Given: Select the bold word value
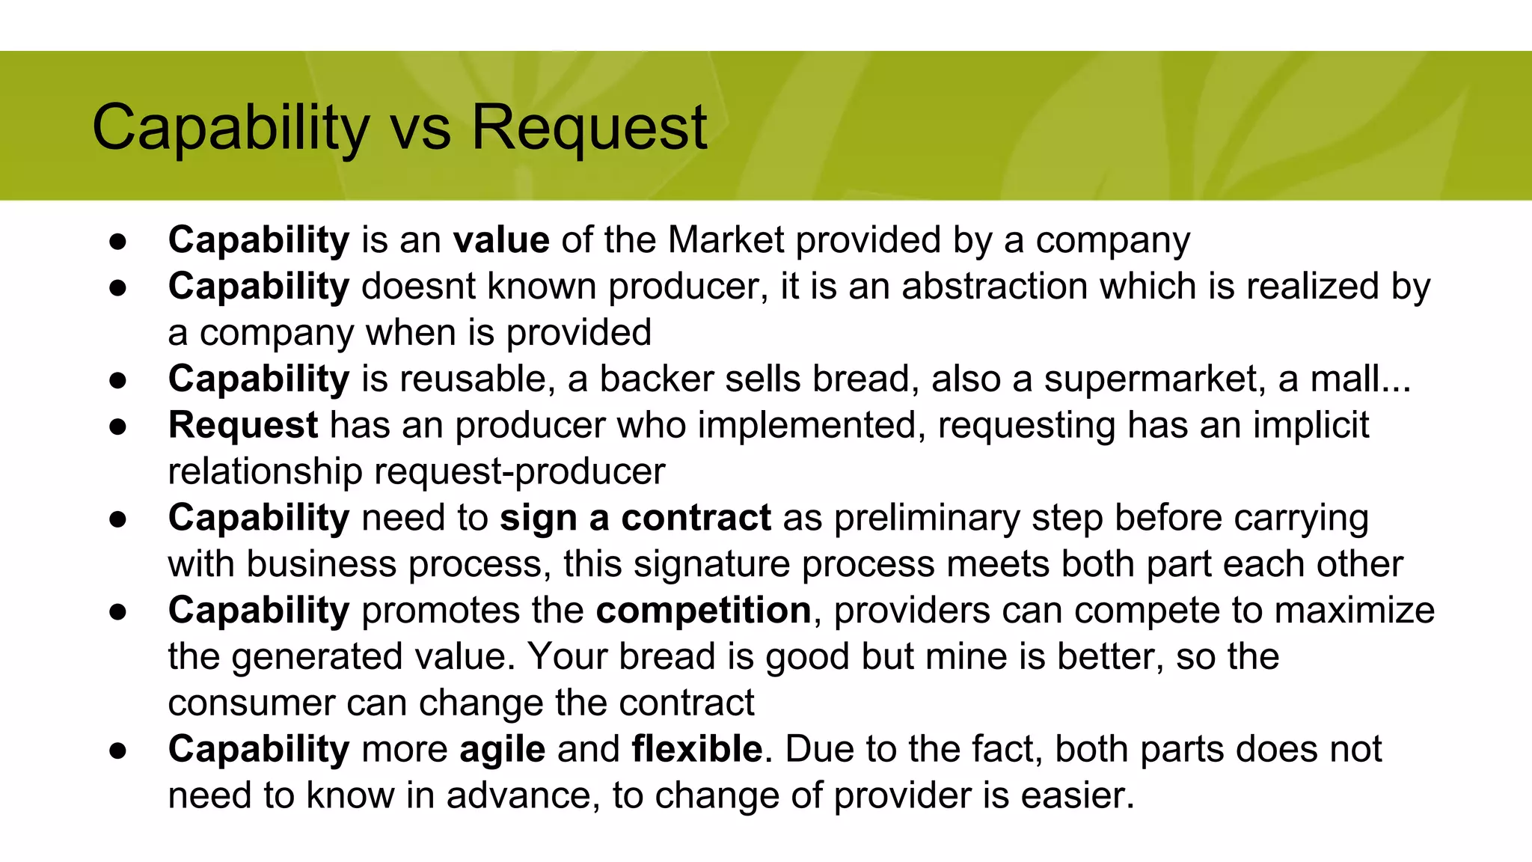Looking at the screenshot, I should (x=501, y=241).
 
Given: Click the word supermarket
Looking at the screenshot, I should (x=1155, y=379).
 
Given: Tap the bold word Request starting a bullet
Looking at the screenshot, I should (x=243, y=426).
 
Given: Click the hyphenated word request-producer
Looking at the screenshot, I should (x=519, y=472).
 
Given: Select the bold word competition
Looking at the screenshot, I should (x=703, y=611).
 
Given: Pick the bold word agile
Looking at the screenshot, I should (x=502, y=750).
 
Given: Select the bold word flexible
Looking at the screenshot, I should (x=696, y=750).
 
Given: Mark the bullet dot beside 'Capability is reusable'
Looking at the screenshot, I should (x=118, y=380).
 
